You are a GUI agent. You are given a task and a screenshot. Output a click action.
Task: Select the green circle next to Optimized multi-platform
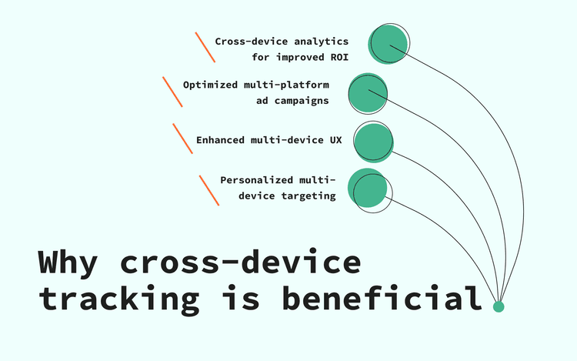[x=367, y=92]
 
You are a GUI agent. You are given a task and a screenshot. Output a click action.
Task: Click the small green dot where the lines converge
[x=499, y=306]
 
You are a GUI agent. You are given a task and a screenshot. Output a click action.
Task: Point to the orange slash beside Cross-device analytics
[x=205, y=47]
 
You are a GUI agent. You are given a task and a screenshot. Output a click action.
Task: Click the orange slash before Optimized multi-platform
[x=172, y=92]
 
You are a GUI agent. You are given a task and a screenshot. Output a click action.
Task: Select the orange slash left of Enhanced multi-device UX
[x=182, y=139]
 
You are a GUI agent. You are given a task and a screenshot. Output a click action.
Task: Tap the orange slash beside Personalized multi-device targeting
[x=209, y=189]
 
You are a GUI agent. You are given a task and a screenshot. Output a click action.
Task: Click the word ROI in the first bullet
[x=339, y=57]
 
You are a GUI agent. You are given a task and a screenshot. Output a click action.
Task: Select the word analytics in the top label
[x=322, y=41]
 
